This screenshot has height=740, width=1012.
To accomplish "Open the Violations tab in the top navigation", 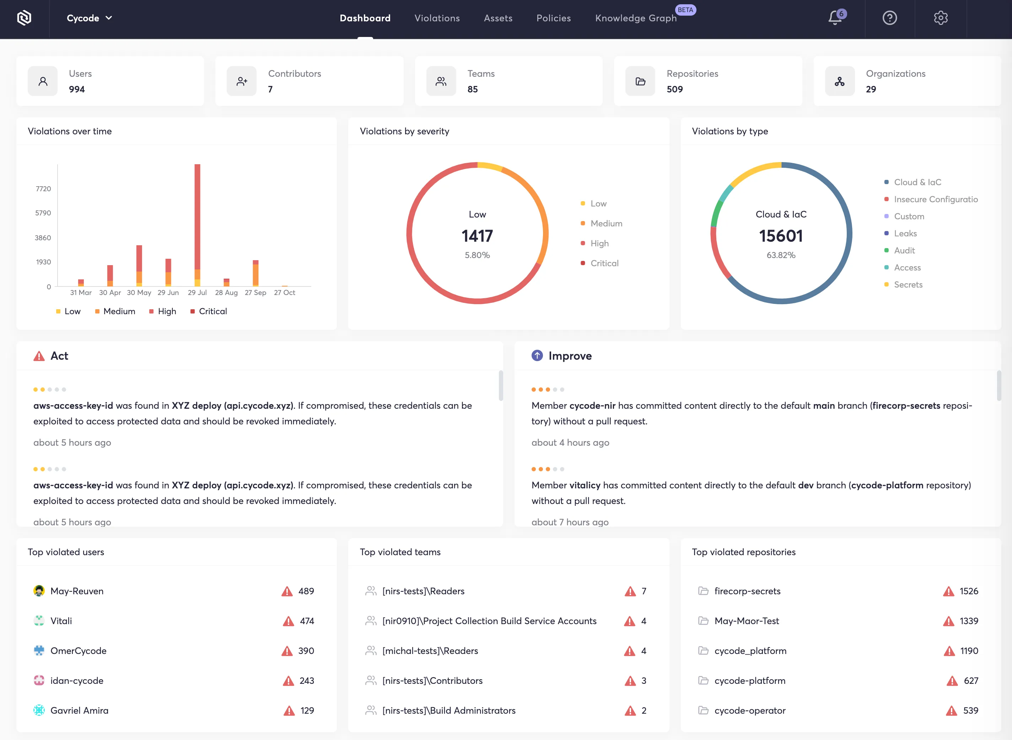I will pyautogui.click(x=437, y=18).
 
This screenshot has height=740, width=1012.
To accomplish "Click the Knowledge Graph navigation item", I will pyautogui.click(x=635, y=18).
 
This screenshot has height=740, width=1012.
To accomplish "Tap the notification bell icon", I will pyautogui.click(x=835, y=18).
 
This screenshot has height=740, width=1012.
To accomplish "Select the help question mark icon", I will pyautogui.click(x=889, y=18).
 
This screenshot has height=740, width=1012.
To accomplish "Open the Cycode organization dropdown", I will pyautogui.click(x=89, y=18).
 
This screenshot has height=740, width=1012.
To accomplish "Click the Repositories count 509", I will pyautogui.click(x=674, y=89).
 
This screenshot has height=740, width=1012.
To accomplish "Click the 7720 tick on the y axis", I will pyautogui.click(x=43, y=189).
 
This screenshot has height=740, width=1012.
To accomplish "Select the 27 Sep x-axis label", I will pyautogui.click(x=255, y=293).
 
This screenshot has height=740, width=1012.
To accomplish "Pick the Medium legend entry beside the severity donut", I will pyautogui.click(x=606, y=224).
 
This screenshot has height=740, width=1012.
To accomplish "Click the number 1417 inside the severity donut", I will pyautogui.click(x=477, y=236).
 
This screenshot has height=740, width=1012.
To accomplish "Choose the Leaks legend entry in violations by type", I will pyautogui.click(x=905, y=234).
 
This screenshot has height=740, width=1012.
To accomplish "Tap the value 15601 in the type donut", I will pyautogui.click(x=780, y=236).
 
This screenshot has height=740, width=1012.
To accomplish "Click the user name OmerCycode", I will pyautogui.click(x=79, y=651).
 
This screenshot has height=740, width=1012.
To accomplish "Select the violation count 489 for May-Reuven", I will pyautogui.click(x=306, y=591).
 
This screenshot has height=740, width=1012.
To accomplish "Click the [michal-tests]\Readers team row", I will pyautogui.click(x=430, y=651).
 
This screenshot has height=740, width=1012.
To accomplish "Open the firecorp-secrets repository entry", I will pyautogui.click(x=747, y=591).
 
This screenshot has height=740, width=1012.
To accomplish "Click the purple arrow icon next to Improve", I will pyautogui.click(x=537, y=356).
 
